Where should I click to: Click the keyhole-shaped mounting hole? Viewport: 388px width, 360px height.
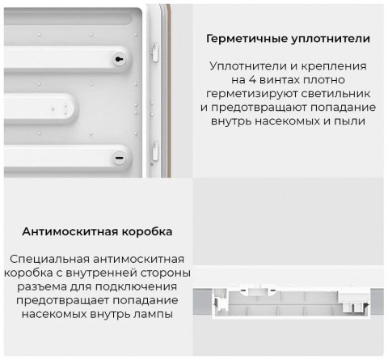point(120,59)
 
